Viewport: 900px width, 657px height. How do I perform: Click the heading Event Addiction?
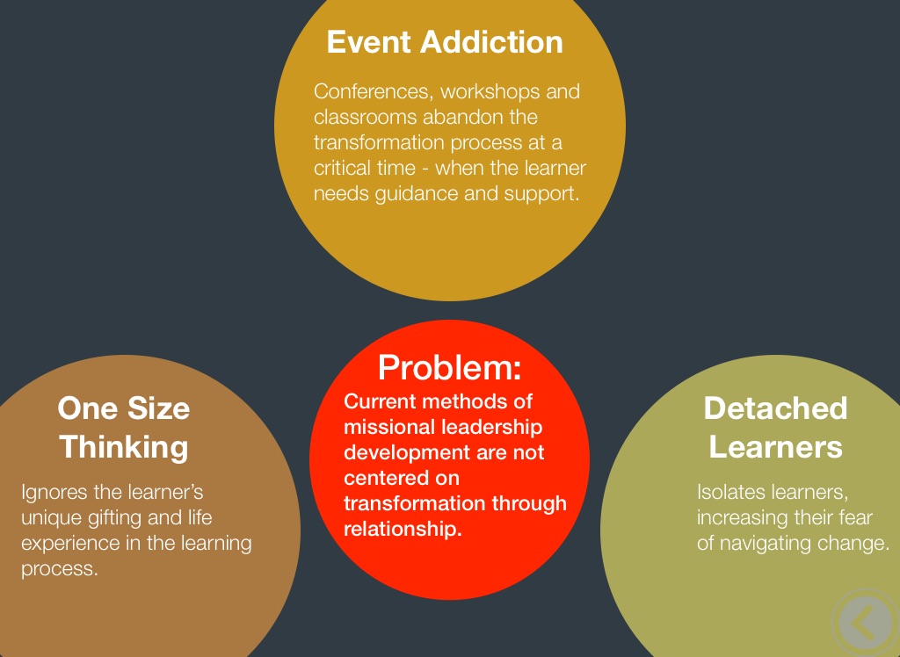(445, 42)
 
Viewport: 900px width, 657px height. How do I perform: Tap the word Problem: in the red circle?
(449, 366)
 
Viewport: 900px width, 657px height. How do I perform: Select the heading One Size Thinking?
(124, 428)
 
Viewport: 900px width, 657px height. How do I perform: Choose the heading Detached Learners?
(775, 428)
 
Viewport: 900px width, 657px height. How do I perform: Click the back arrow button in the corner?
(865, 622)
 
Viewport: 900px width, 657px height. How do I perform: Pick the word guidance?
(403, 193)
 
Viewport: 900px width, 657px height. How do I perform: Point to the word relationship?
(402, 530)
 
